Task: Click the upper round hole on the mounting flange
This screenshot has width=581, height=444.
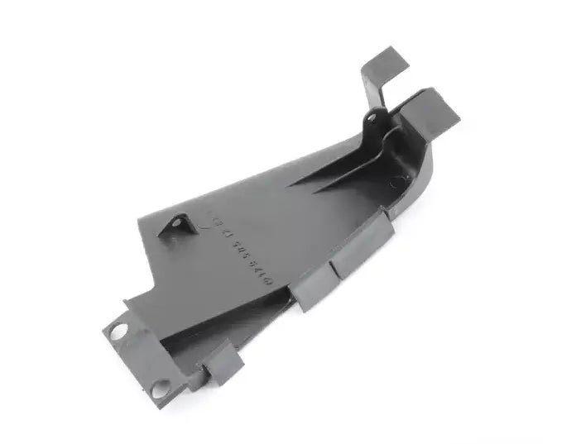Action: [118, 331]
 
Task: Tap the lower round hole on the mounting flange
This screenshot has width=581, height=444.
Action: [160, 385]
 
